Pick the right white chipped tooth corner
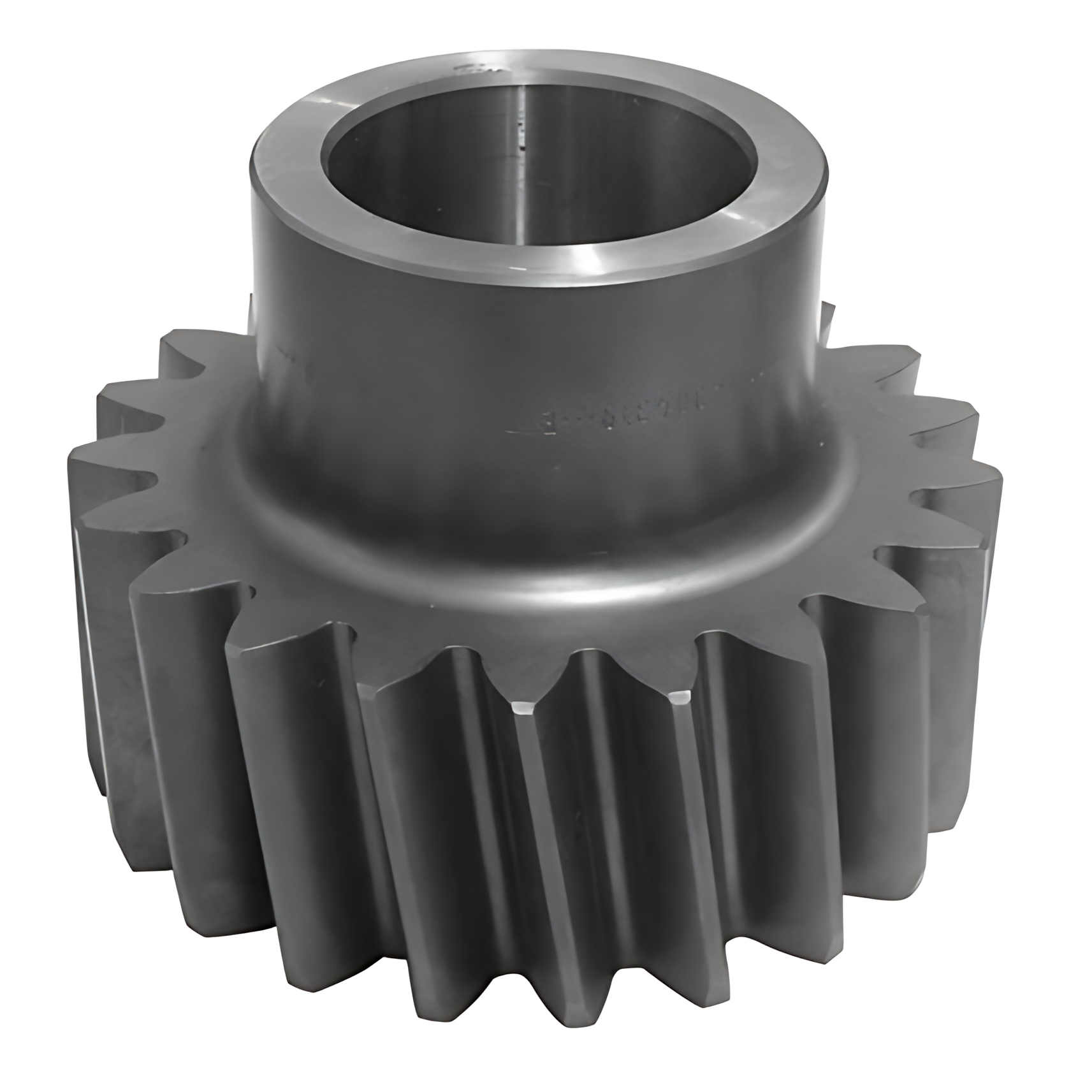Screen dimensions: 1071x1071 point(681,697)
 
